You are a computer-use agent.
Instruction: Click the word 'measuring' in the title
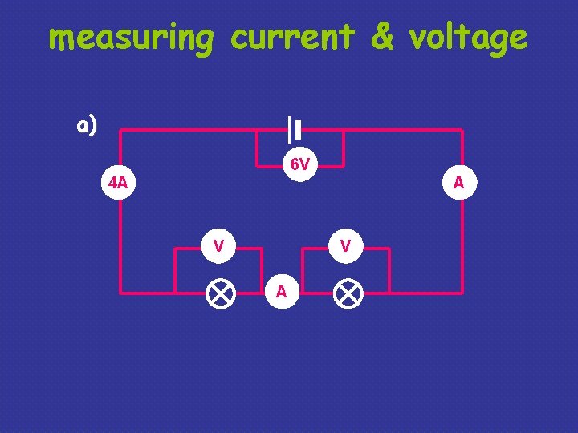pos(131,38)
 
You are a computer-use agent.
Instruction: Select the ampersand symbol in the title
pos(382,37)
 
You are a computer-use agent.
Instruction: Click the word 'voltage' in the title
pos(468,38)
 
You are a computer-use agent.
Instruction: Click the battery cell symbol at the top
pos(294,130)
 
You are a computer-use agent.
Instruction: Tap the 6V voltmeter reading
pos(300,165)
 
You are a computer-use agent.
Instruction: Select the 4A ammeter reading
pos(118,183)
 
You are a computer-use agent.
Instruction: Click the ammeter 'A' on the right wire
pos(458,183)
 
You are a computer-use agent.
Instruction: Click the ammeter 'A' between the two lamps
pos(281,292)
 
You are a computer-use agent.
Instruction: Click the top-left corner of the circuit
pos(120,130)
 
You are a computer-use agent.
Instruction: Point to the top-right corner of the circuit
pos(462,130)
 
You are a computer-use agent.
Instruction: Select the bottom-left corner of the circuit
pos(120,292)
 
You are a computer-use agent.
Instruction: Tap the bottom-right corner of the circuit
pos(462,292)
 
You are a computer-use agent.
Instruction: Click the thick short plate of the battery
pos(298,130)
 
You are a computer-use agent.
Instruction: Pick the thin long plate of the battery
pos(289,130)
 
